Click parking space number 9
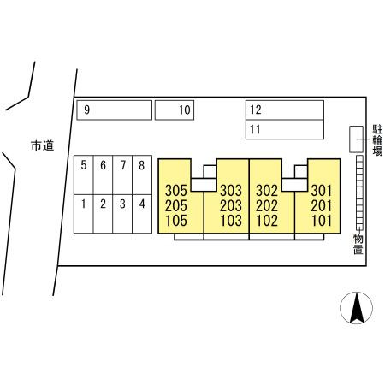[x=114, y=110]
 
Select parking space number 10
[x=175, y=110]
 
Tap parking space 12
[x=285, y=110]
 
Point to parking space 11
[x=285, y=129]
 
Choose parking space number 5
[x=84, y=175]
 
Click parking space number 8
[x=142, y=175]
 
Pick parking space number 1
[x=84, y=214]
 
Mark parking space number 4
[x=142, y=214]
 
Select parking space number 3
[x=122, y=214]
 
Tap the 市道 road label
[x=43, y=145]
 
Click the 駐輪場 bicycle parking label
[x=377, y=140]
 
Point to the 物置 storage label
[x=358, y=244]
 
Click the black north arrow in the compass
[x=357, y=308]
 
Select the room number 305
[x=176, y=191]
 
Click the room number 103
[x=231, y=221]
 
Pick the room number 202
[x=267, y=205]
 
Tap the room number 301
[x=322, y=191]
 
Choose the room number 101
[x=322, y=221]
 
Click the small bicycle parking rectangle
[x=356, y=139]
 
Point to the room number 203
[x=231, y=205]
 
